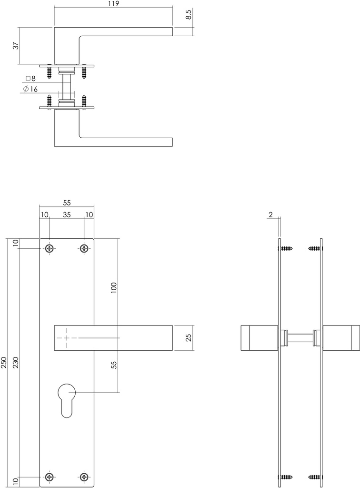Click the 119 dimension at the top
pyautogui.click(x=113, y=4)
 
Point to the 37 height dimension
pyautogui.click(x=16, y=46)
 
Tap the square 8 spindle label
pyautogui.click(x=30, y=78)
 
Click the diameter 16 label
pyautogui.click(x=30, y=89)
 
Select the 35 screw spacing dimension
pyautogui.click(x=67, y=215)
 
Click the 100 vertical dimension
pyautogui.click(x=113, y=288)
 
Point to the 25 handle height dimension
pyautogui.click(x=189, y=337)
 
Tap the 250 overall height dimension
pyautogui.click(x=4, y=363)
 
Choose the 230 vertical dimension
pyautogui.click(x=15, y=363)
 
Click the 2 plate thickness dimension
pyautogui.click(x=271, y=215)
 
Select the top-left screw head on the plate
pyautogui.click(x=50, y=248)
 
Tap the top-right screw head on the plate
pyautogui.click(x=84, y=248)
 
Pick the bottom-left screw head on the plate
pyautogui.click(x=50, y=477)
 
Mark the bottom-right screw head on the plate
pyautogui.click(x=84, y=477)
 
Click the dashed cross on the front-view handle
pyautogui.click(x=67, y=337)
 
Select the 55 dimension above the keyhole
pyautogui.click(x=113, y=365)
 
